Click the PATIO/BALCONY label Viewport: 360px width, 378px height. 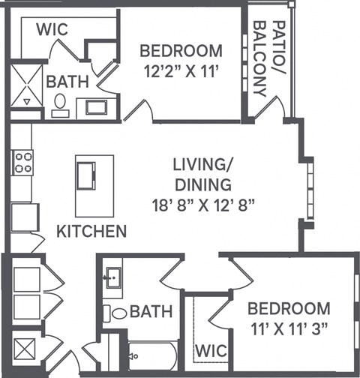click(268, 58)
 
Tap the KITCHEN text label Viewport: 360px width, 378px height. click(91, 230)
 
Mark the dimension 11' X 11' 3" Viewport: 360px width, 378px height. click(289, 328)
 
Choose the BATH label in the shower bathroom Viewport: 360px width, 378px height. click(67, 81)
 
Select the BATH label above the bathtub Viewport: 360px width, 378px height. click(151, 310)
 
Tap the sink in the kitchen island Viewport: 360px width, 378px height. click(84, 176)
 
